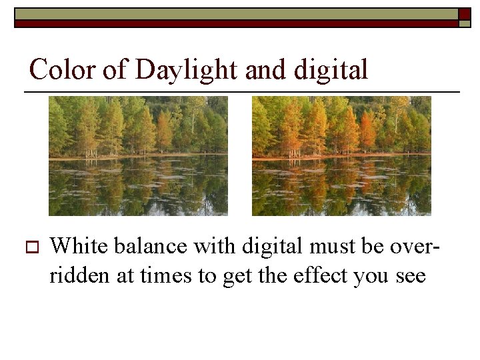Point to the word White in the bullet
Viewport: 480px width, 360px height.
(x=79, y=246)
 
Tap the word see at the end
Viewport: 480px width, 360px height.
(x=409, y=275)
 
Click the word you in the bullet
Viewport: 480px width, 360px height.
(x=371, y=275)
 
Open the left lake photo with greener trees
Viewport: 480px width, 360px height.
(x=138, y=155)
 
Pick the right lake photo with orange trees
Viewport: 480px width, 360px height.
(x=341, y=155)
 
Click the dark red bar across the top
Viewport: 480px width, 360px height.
(x=233, y=23)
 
